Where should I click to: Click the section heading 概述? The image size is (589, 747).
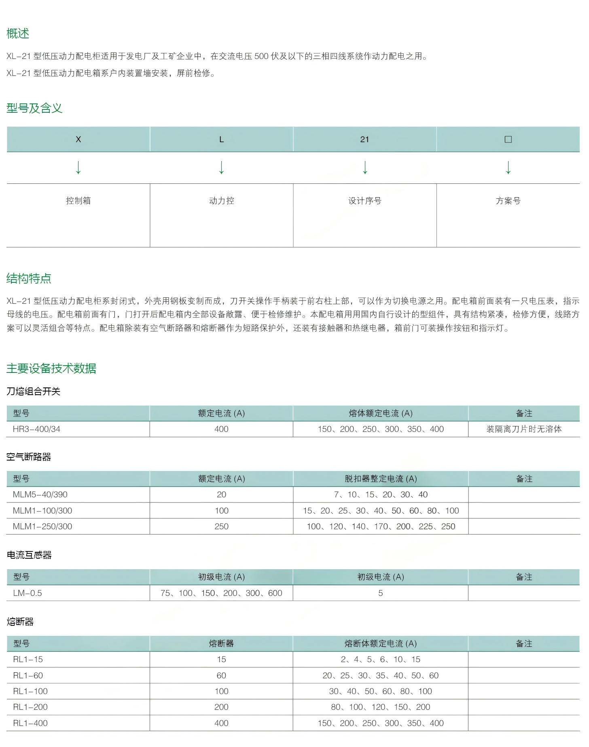tap(18, 34)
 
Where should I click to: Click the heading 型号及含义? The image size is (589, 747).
tap(34, 108)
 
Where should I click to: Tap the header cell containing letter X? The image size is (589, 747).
tap(78, 139)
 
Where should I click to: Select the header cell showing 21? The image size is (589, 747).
tap(364, 139)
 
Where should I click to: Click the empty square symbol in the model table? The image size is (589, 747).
tap(508, 139)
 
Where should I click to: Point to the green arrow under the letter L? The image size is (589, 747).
tap(221, 167)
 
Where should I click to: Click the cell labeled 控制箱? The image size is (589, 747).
tap(78, 201)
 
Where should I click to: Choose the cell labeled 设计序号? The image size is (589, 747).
tap(364, 201)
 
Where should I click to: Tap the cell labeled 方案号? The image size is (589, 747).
tap(508, 201)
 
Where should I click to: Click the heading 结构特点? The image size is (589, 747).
tap(29, 278)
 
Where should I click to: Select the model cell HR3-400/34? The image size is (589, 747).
tap(36, 429)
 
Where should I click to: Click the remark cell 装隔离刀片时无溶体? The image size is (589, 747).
tap(524, 429)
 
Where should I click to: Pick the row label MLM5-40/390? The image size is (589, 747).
tap(40, 494)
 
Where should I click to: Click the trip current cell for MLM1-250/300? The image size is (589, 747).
tap(381, 526)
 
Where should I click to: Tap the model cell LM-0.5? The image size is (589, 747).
tap(28, 593)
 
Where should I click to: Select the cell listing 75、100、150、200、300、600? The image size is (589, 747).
tap(221, 593)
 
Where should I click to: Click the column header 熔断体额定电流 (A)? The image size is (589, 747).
tap(381, 644)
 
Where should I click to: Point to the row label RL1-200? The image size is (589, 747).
tap(30, 707)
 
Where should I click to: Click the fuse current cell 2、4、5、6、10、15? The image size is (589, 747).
tap(381, 659)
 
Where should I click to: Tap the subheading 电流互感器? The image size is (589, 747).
tap(29, 555)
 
